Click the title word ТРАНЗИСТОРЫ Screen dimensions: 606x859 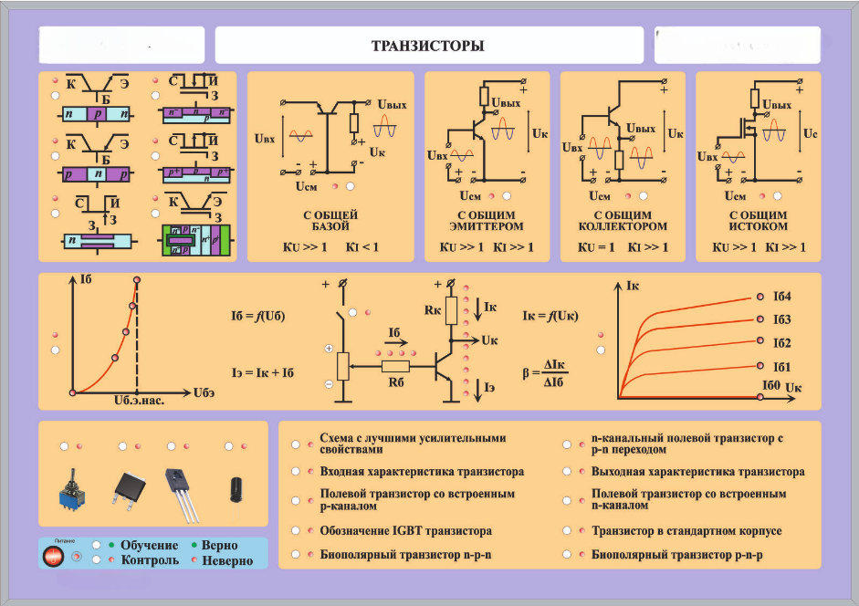click(x=427, y=46)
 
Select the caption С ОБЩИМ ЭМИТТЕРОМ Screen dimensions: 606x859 click(x=487, y=220)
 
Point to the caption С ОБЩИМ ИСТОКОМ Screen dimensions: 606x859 click(x=758, y=220)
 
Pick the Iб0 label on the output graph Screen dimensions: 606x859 click(x=772, y=387)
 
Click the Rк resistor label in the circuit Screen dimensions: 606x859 click(x=433, y=309)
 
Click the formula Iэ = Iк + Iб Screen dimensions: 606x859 click(x=263, y=372)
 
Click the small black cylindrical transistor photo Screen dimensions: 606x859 click(x=235, y=486)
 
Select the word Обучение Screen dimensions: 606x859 click(x=149, y=545)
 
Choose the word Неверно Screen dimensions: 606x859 click(x=227, y=560)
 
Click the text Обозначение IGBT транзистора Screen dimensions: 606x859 click(x=406, y=530)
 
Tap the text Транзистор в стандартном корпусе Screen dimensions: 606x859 click(x=686, y=530)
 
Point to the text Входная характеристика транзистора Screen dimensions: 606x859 click(x=422, y=472)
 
